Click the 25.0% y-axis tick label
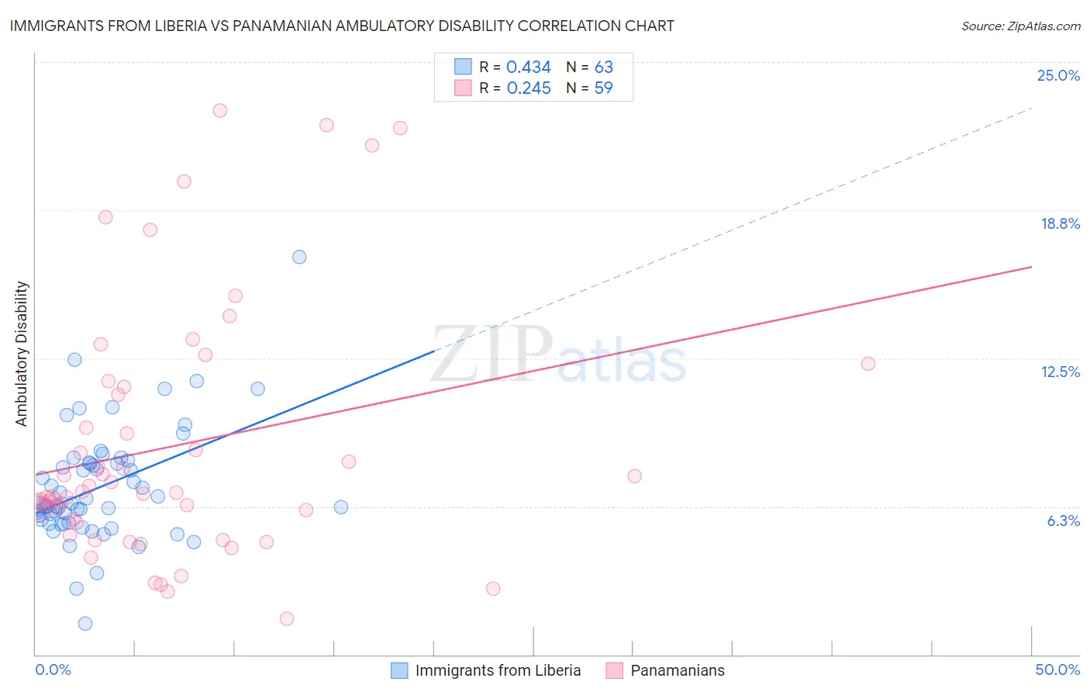(x=1058, y=76)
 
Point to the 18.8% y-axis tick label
(x=1060, y=224)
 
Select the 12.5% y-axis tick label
(x=1060, y=372)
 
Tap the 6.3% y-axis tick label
(x=1063, y=521)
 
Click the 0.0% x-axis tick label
(x=53, y=670)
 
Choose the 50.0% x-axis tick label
(x=1057, y=670)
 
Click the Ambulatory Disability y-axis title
(x=22, y=354)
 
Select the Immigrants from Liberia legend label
(x=498, y=670)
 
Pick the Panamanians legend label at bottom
(x=677, y=670)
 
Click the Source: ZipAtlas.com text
(x=1020, y=26)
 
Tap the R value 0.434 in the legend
(x=528, y=67)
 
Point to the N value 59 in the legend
(x=603, y=88)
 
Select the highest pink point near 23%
(x=220, y=111)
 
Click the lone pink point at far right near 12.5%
(x=868, y=364)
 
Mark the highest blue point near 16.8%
(x=299, y=257)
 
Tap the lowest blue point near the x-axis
(x=85, y=624)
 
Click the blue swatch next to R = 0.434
(x=463, y=67)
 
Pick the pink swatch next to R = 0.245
(x=463, y=88)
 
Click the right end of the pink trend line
(x=1031, y=267)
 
